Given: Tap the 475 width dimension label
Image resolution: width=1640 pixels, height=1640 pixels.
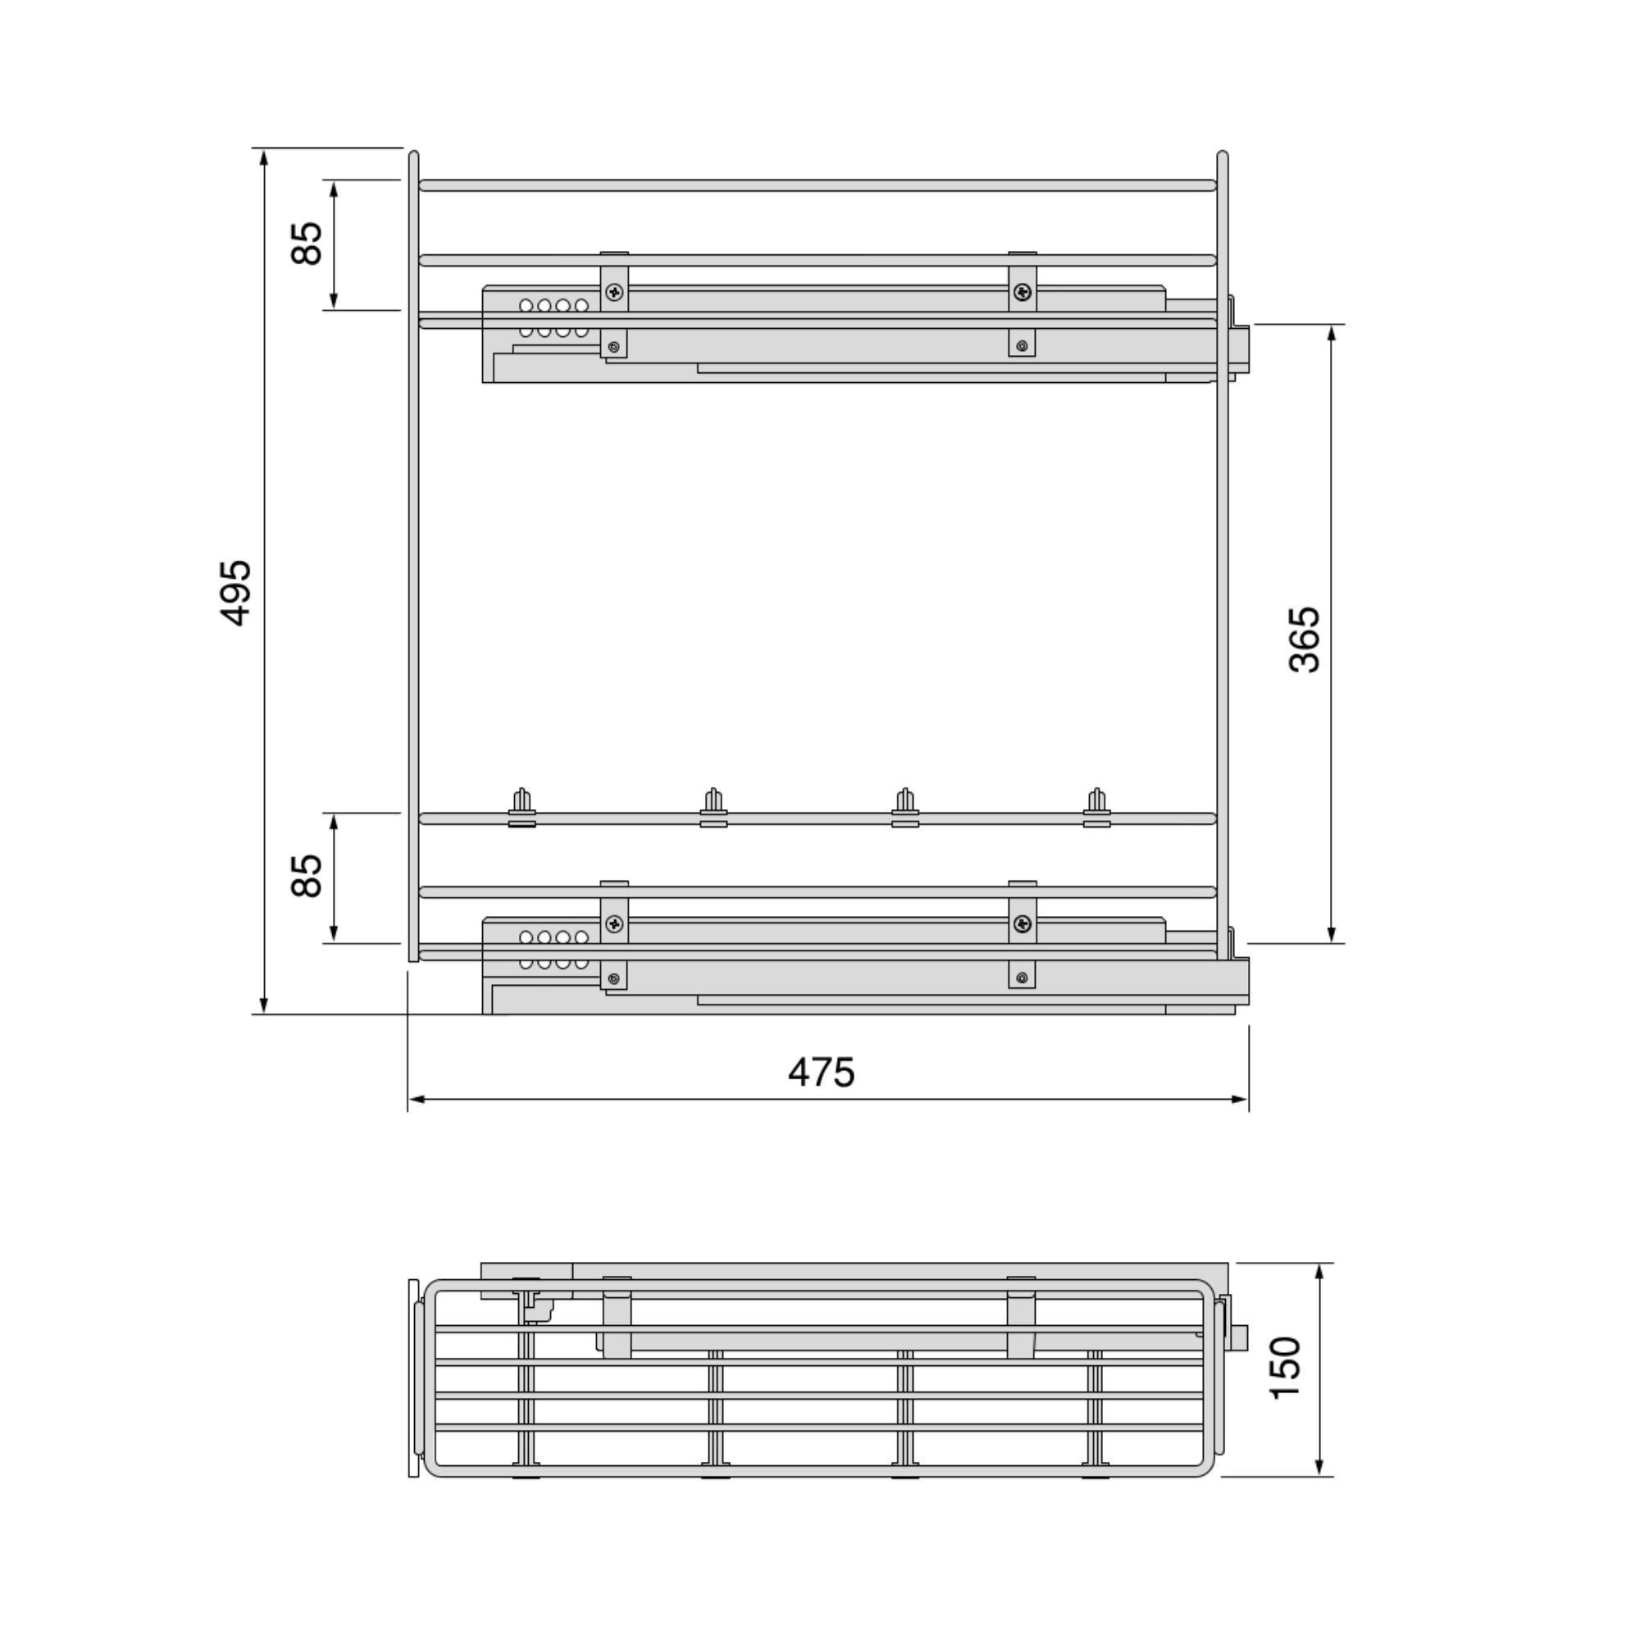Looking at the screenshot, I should [x=821, y=1073].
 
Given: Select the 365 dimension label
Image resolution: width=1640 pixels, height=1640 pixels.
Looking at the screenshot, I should [x=1304, y=640].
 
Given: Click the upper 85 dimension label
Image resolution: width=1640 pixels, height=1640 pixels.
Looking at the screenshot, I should [x=307, y=243].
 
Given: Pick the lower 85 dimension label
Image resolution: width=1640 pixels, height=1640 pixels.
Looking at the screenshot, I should [x=307, y=875].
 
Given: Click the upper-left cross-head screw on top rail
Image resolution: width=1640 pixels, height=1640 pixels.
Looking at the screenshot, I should [x=613, y=293].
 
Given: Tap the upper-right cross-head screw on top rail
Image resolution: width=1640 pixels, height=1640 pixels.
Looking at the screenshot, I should [x=1023, y=293].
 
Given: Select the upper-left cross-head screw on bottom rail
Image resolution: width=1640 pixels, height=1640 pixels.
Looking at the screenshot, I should [x=613, y=923].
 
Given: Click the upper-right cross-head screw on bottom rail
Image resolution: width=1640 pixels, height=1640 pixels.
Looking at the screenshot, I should [x=1023, y=923].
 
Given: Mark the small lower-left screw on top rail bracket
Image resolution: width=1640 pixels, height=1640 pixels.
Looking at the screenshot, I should [x=613, y=345].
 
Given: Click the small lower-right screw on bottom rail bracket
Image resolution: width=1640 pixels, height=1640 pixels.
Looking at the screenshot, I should [x=1022, y=978].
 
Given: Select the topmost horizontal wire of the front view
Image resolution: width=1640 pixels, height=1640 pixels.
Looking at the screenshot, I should [x=818, y=185].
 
